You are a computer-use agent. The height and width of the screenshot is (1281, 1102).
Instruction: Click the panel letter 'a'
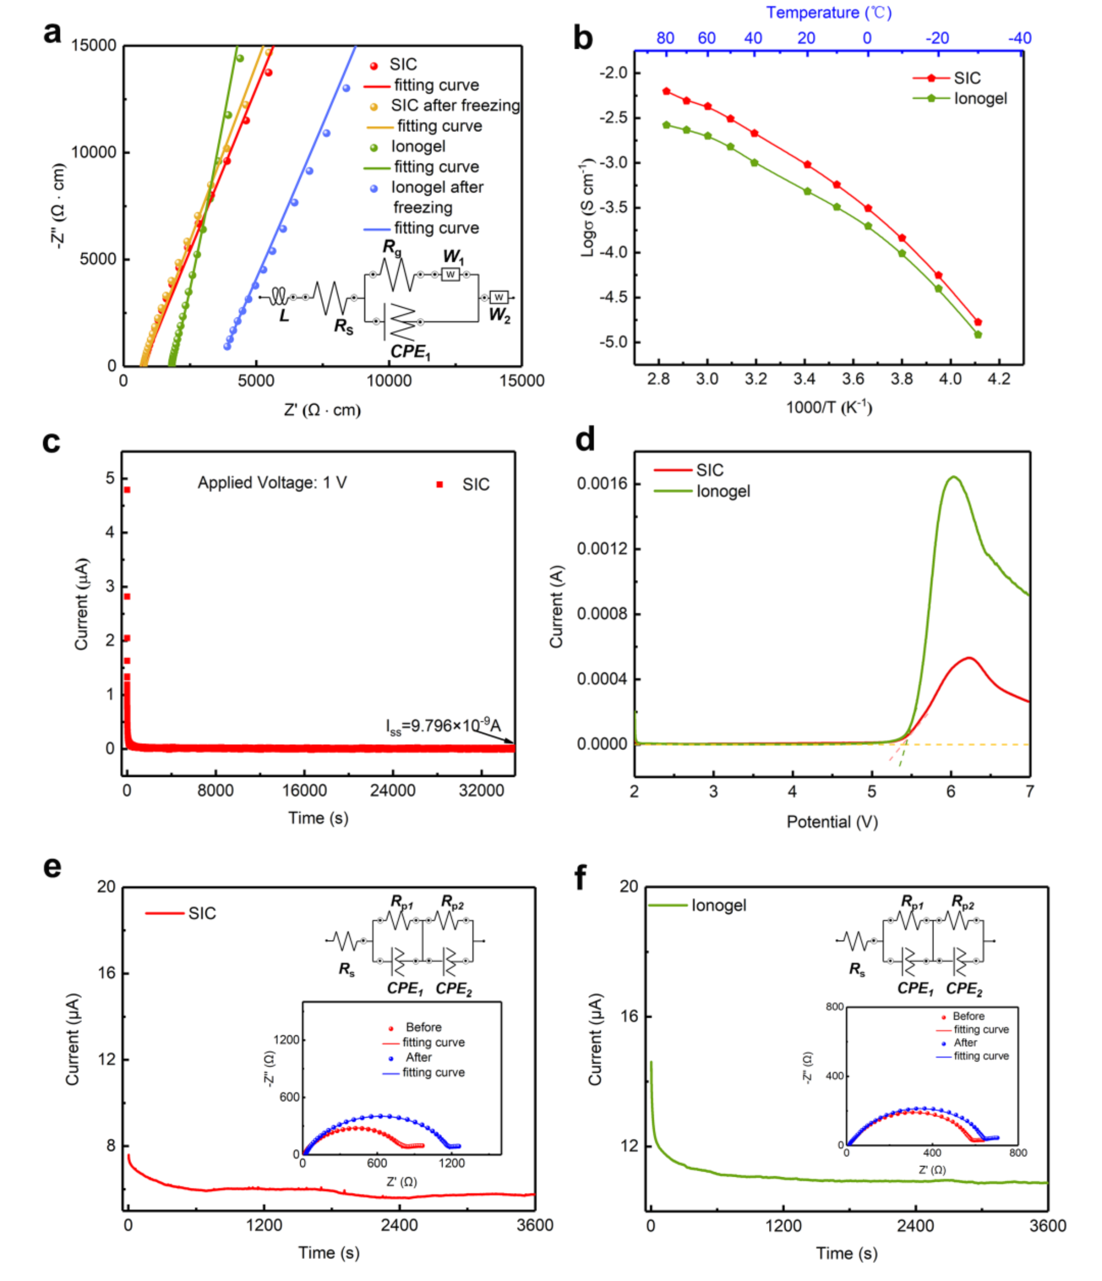pyautogui.click(x=53, y=33)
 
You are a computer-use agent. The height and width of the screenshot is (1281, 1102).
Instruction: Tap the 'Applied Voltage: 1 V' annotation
pyautogui.click(x=272, y=483)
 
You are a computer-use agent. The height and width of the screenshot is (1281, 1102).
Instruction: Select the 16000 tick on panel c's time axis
pyautogui.click(x=304, y=791)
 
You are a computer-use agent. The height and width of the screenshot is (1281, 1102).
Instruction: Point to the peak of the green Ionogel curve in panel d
pyautogui.click(x=953, y=477)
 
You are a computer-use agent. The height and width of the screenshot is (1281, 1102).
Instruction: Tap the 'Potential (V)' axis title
pyautogui.click(x=832, y=822)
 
